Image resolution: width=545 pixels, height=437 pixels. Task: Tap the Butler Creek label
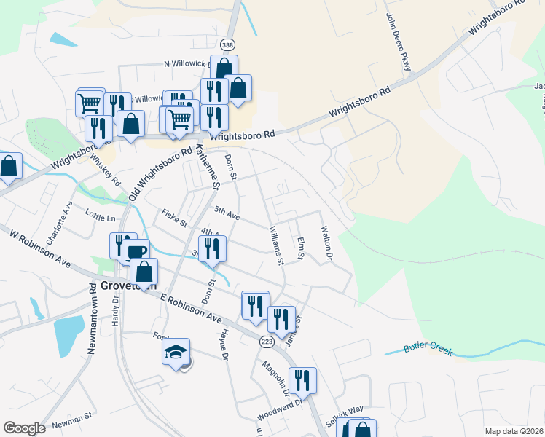point(429,350)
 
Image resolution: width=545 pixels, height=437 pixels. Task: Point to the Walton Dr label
point(326,244)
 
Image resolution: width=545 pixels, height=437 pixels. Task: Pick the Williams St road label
point(275,245)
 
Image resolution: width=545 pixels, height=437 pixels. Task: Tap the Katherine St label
point(207,165)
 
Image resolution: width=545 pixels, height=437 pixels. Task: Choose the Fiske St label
point(175,217)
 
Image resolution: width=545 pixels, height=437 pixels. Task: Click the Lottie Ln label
point(101,218)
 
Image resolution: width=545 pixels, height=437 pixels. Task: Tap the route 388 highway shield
point(228,44)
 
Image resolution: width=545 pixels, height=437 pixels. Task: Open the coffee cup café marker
point(137,252)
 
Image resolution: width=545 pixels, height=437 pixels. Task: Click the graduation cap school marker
point(176,353)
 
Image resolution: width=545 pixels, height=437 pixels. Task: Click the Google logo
point(25,428)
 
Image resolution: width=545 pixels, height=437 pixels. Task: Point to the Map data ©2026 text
point(514,431)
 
